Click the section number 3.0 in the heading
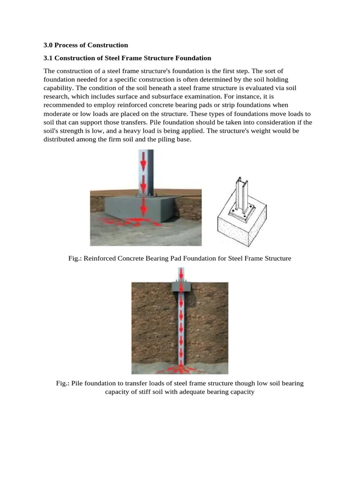pyautogui.click(x=48, y=45)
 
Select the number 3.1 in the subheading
pyautogui.click(x=48, y=58)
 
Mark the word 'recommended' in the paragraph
pyautogui.click(x=64, y=105)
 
